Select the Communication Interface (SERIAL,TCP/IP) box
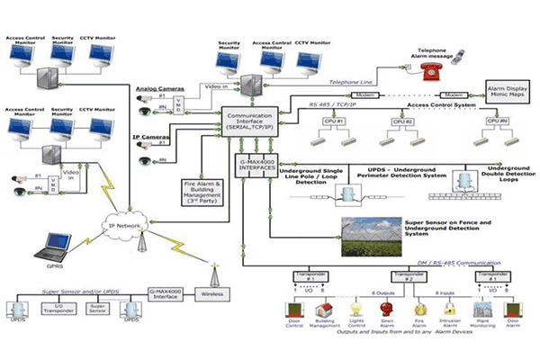[252, 124]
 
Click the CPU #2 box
[402, 120]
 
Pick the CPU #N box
[493, 120]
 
